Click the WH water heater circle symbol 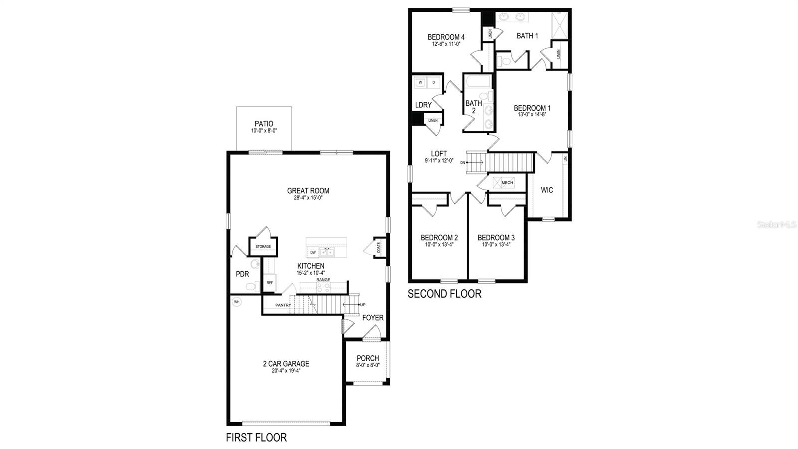pyautogui.click(x=237, y=302)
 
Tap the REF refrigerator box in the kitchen pyautogui.click(x=270, y=283)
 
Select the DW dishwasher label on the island pyautogui.click(x=313, y=253)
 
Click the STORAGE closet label pyautogui.click(x=263, y=247)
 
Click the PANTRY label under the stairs pyautogui.click(x=283, y=305)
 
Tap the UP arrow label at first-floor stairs pyautogui.click(x=363, y=304)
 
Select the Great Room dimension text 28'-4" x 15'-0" pyautogui.click(x=308, y=198)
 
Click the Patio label pyautogui.click(x=264, y=124)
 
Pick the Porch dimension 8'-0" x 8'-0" pyautogui.click(x=368, y=365)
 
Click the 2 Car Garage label pyautogui.click(x=286, y=364)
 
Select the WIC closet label pyautogui.click(x=547, y=190)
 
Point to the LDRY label pyautogui.click(x=423, y=105)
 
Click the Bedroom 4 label pyautogui.click(x=446, y=37)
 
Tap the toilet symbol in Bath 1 pyautogui.click(x=502, y=62)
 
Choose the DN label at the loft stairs pyautogui.click(x=463, y=163)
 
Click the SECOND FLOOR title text pyautogui.click(x=444, y=294)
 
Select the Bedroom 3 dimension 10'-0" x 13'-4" pyautogui.click(x=496, y=245)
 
